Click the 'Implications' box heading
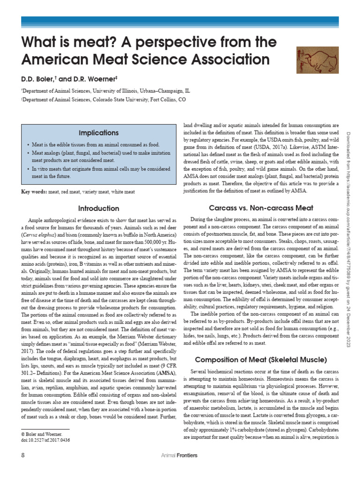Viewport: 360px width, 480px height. tap(98, 133)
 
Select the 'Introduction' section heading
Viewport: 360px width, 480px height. tap(98, 208)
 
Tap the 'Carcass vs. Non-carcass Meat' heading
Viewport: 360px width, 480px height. tap(261, 208)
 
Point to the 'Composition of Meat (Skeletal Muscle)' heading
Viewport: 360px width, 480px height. tap(261, 360)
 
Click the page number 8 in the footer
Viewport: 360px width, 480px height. tap(23, 455)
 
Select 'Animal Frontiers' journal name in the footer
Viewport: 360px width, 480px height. tap(179, 455)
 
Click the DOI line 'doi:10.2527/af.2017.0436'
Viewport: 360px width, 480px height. tap(43, 440)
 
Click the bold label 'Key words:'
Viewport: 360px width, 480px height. tap(34, 192)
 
